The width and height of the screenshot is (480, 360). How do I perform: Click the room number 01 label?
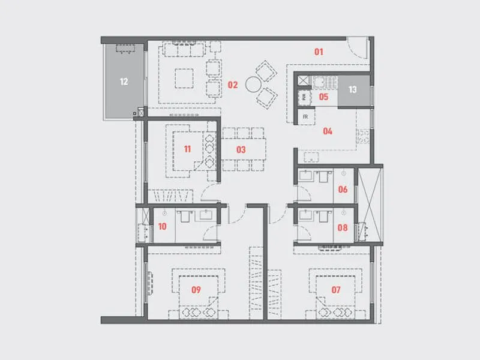(x=319, y=52)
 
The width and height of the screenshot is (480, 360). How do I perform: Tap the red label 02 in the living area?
(x=233, y=85)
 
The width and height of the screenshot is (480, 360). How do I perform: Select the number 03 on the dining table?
(x=241, y=149)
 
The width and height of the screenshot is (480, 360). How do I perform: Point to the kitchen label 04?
(x=328, y=131)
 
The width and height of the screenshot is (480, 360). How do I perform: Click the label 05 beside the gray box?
(x=323, y=96)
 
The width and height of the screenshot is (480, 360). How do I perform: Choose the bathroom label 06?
(x=343, y=190)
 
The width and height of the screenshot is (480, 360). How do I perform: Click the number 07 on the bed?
(x=336, y=290)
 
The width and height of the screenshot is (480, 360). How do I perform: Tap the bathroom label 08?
(x=343, y=228)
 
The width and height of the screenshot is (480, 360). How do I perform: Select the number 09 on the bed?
(x=196, y=290)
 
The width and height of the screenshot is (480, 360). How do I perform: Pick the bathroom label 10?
(x=162, y=227)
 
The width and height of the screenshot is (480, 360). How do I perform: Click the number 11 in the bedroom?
(x=188, y=149)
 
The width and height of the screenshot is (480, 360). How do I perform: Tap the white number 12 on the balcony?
(x=124, y=82)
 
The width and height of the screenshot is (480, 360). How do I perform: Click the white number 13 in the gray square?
(x=353, y=90)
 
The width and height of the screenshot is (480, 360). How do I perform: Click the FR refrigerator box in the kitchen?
(x=305, y=116)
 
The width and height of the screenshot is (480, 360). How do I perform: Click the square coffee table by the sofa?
(x=184, y=77)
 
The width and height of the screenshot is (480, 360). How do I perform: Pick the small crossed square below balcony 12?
(x=141, y=112)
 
